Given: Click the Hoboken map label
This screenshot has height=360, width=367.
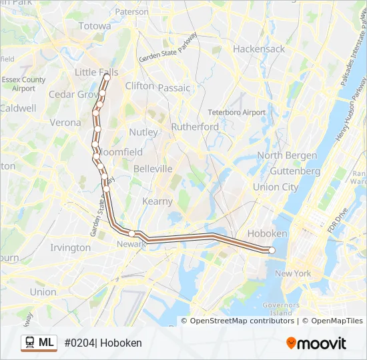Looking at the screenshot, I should click(267, 233).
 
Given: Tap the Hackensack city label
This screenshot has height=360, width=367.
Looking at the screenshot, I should click(259, 49).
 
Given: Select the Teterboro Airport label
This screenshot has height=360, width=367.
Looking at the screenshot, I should click(236, 113).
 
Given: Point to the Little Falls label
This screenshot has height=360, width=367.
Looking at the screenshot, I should click(96, 72).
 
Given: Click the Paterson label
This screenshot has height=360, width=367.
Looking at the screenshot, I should click(131, 12).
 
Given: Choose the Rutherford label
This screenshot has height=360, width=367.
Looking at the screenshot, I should click(195, 127).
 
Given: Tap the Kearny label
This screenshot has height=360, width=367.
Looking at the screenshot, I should click(157, 201).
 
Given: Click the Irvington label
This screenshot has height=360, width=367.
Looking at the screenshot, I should click(71, 247).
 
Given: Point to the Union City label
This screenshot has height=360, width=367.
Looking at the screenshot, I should click(276, 187).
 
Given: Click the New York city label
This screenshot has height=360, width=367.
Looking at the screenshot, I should click(293, 273).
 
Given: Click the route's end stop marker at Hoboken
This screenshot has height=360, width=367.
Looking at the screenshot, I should click(272, 250).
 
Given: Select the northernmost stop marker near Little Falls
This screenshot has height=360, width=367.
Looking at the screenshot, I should click(107, 77).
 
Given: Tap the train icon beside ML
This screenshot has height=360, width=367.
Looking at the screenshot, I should click(30, 343).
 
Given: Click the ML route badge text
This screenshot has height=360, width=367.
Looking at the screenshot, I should click(46, 343).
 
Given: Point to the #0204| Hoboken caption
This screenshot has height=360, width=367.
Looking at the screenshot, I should click(103, 343).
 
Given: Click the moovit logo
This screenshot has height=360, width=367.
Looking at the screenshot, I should click(316, 343).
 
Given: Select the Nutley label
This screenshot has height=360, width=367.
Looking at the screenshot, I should click(143, 132).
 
